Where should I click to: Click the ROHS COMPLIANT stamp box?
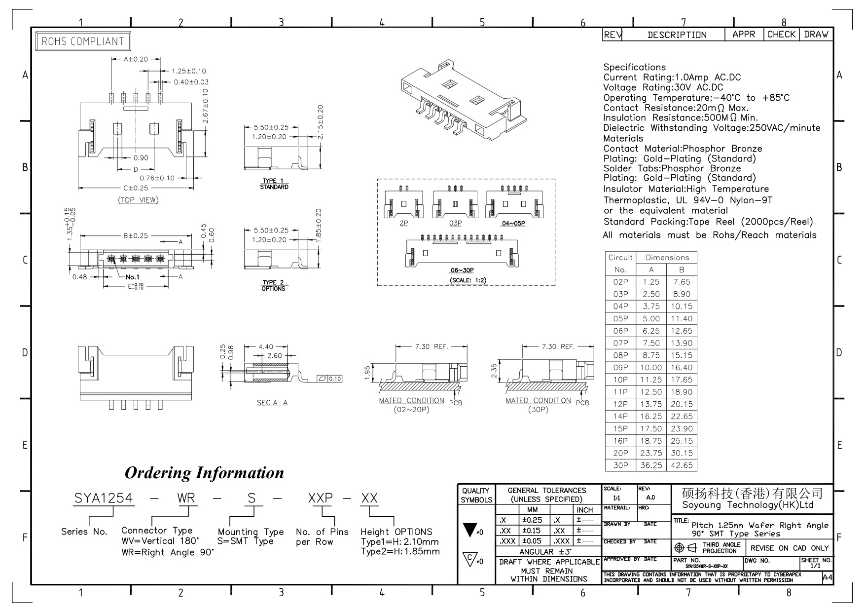pos(83,41)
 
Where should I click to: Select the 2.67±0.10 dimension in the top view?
pos(206,106)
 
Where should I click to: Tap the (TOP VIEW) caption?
pos(138,200)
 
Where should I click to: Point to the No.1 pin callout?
pos(133,277)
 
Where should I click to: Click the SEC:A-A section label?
pos(272,403)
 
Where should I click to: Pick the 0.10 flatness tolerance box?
pos(329,379)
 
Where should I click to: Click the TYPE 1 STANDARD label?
pos(274,184)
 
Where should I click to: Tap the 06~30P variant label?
pos(462,270)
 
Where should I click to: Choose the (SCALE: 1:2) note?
pos(468,280)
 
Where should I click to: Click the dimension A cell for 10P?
pos(651,380)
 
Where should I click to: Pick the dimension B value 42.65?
pos(682,465)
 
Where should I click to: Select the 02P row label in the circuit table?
pos(620,282)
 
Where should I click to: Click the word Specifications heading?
pos(635,67)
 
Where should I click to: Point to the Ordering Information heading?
pos(204,472)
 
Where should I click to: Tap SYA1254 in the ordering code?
pos(104,498)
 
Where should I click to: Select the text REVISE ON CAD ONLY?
pos(790,548)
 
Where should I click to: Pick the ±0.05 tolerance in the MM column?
pos(531,541)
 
